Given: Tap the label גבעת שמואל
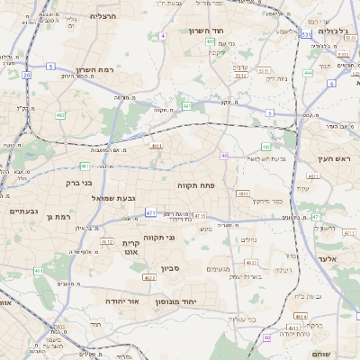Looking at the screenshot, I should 112,197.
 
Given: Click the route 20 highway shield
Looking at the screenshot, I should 28,76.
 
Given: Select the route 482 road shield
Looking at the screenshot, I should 60,115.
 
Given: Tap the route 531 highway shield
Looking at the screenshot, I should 307,33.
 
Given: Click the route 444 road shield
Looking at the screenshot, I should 308,73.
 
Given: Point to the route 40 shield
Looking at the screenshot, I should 224,156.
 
